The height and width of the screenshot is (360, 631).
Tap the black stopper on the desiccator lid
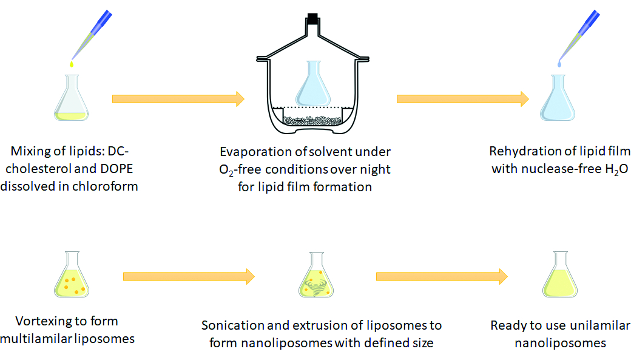[x=313, y=18]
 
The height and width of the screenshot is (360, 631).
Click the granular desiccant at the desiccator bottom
[x=313, y=120]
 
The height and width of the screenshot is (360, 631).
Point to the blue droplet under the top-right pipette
[x=559, y=64]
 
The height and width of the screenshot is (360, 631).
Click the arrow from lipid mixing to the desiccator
[x=178, y=98]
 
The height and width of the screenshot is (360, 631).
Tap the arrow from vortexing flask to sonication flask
[x=188, y=276]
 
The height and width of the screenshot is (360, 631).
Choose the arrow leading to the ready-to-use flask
[x=442, y=276]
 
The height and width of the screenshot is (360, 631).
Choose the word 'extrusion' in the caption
[x=311, y=325]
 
